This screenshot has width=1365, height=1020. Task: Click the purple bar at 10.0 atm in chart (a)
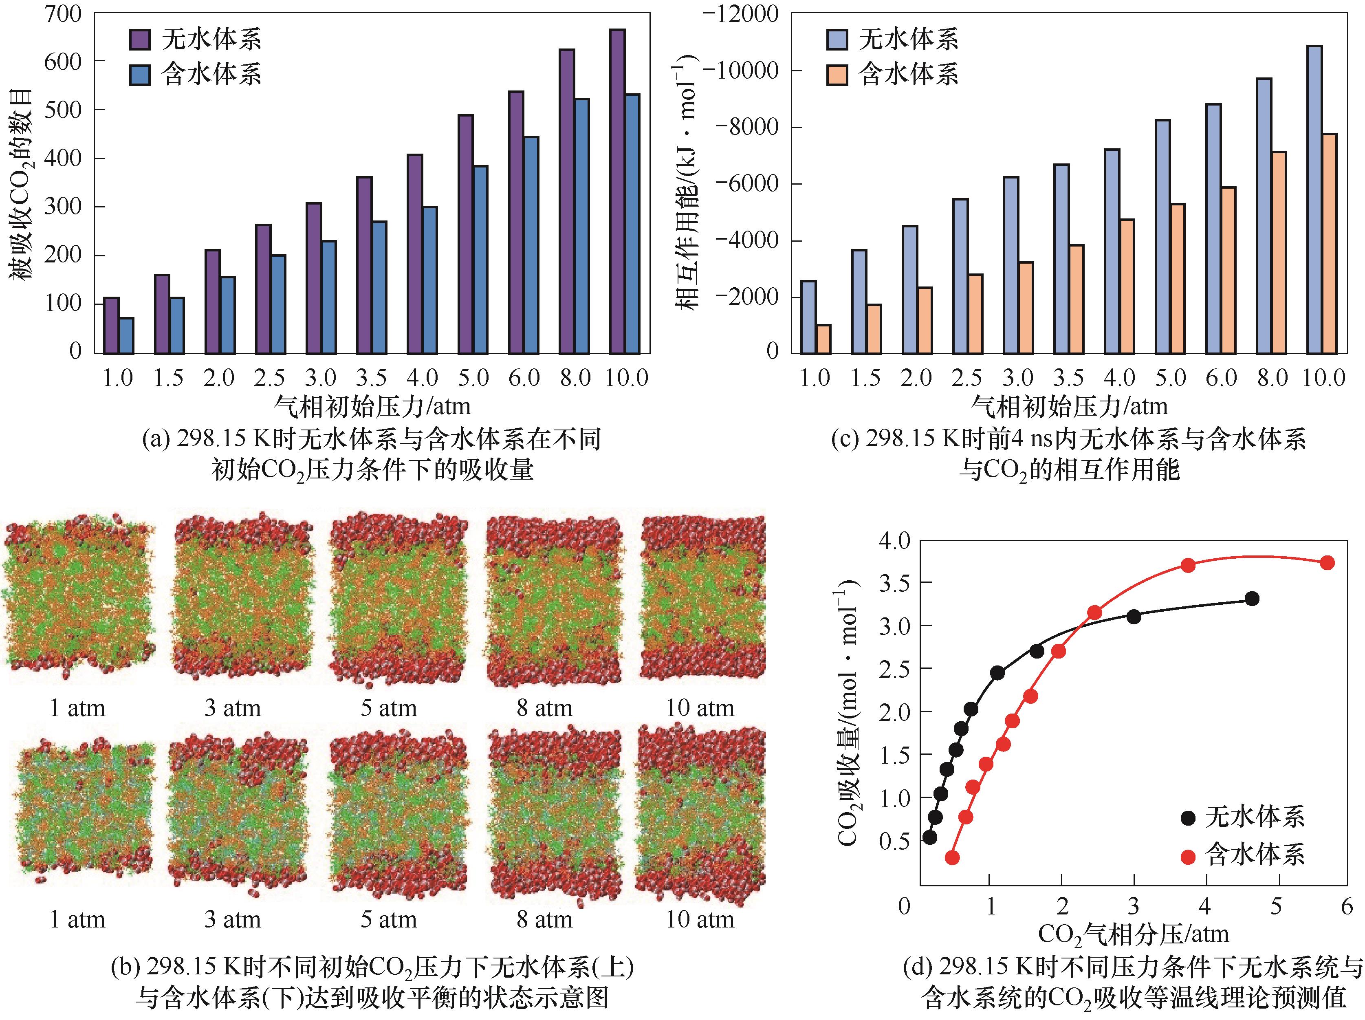(x=616, y=191)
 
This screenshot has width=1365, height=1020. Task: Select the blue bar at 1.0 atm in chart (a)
(x=126, y=336)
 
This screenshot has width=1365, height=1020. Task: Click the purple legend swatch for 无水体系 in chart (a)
(x=139, y=40)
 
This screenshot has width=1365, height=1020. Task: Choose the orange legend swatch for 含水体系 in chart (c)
(x=837, y=75)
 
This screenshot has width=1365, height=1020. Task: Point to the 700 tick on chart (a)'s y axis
(x=62, y=13)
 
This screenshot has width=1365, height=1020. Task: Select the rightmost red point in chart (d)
(x=1328, y=563)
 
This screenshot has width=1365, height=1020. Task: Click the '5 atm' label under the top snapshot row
(x=389, y=708)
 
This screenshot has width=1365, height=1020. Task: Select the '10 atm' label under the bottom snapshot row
(x=700, y=919)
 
